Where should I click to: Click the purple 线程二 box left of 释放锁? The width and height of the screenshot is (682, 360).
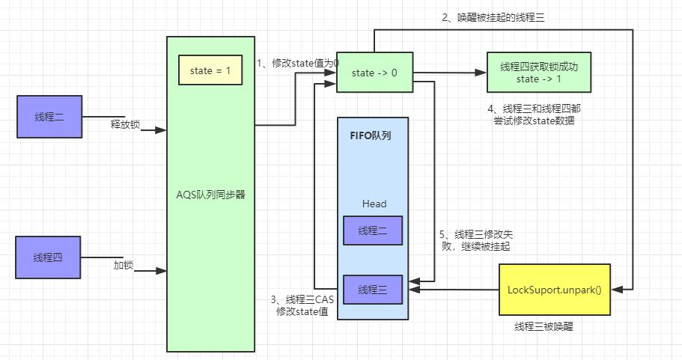click(x=49, y=117)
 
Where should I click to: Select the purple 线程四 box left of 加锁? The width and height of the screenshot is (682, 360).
click(x=48, y=257)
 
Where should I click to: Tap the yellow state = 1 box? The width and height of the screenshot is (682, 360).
click(x=210, y=70)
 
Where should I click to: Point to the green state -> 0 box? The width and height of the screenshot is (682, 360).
click(x=374, y=73)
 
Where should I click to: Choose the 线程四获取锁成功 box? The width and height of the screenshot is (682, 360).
click(x=538, y=73)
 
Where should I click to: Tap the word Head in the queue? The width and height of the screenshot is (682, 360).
click(x=374, y=204)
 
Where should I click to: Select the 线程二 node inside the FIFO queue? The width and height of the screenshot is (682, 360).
click(x=373, y=231)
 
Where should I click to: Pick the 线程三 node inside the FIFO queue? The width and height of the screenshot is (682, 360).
click(x=373, y=289)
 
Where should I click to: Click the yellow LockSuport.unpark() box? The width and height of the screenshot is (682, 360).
click(x=554, y=289)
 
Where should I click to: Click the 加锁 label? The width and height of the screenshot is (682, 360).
click(x=123, y=264)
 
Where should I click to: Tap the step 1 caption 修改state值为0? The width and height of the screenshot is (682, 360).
click(x=298, y=64)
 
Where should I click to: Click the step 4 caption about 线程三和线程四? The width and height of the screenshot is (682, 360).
click(x=533, y=114)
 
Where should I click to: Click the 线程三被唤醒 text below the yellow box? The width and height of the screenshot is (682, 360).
click(x=544, y=327)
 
